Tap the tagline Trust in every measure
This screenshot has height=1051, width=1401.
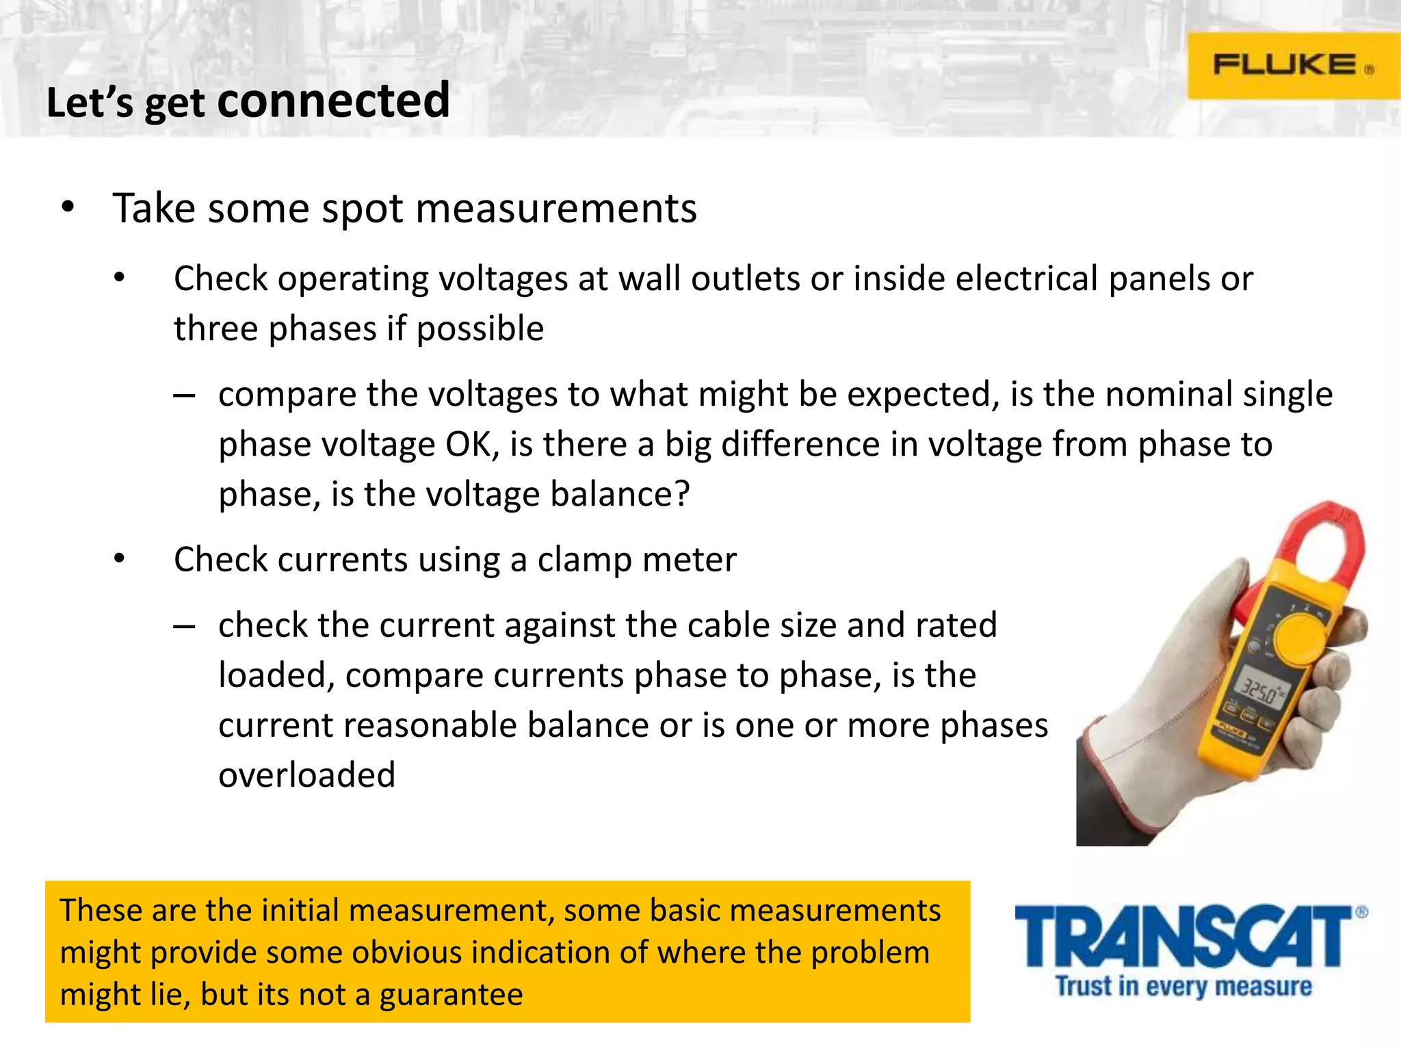(1183, 987)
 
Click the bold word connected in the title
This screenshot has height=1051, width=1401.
(334, 101)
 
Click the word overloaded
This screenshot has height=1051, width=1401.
(306, 775)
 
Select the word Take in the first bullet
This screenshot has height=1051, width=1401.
(155, 209)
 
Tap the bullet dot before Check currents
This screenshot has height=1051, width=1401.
(120, 559)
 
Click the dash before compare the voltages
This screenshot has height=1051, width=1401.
(184, 395)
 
